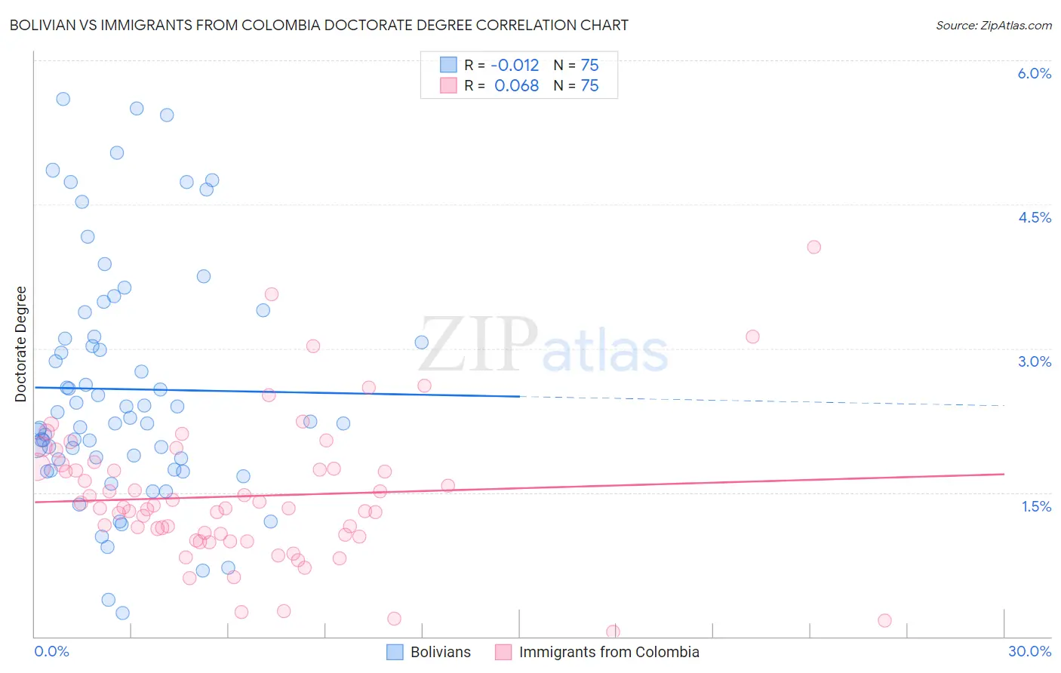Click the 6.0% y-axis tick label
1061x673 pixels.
(1034, 73)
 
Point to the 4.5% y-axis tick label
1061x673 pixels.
(1034, 217)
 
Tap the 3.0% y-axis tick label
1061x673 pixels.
(1034, 361)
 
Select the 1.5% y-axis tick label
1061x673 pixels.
(1036, 506)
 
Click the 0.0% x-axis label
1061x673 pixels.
(51, 652)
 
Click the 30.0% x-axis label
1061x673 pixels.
(1029, 652)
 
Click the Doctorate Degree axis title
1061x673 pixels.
(21, 344)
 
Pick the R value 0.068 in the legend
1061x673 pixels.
(516, 86)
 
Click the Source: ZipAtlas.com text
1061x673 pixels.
(993, 26)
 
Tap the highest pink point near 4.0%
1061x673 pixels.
(813, 247)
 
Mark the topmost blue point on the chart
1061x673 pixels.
(63, 99)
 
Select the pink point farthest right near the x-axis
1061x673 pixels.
(884, 620)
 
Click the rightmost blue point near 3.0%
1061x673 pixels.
(422, 343)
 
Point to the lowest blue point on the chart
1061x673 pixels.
(122, 613)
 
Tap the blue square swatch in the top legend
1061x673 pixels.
(448, 66)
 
